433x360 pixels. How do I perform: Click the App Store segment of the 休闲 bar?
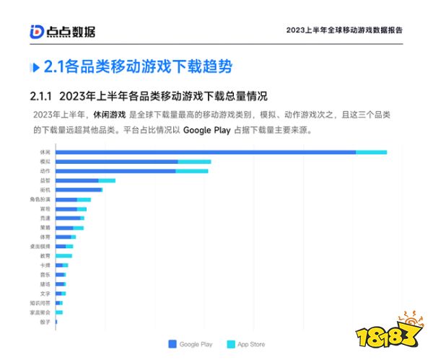(372, 152)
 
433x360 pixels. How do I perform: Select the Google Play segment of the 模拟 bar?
(117, 162)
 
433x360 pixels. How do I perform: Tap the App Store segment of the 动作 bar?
(192, 171)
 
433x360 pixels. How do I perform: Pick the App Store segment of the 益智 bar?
(107, 180)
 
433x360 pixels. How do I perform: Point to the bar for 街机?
(79, 190)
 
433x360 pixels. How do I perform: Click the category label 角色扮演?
(40, 199)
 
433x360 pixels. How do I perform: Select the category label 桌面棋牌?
(40, 246)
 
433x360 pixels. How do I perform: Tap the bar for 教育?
(64, 255)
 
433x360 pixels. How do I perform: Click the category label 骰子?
(45, 322)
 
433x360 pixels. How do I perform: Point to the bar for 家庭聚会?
(59, 312)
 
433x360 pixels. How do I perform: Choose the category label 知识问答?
(40, 303)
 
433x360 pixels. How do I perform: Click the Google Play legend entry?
(191, 344)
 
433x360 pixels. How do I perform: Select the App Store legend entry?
(246, 344)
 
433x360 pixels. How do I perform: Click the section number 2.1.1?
(41, 96)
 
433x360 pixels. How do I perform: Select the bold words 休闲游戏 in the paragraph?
(109, 115)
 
